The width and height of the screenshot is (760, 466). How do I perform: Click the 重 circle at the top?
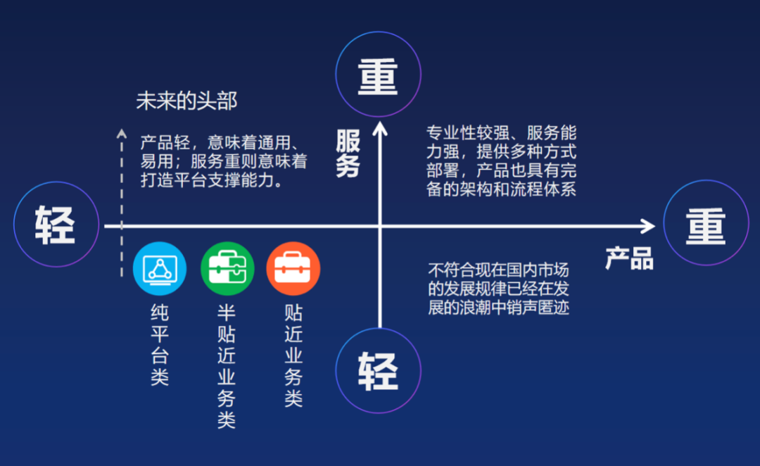378,74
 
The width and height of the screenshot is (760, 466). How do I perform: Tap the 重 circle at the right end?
706,223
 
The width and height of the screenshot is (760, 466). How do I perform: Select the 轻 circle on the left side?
56,224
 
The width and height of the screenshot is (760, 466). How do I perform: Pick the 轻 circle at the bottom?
378,370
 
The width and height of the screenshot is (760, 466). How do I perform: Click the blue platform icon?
160,269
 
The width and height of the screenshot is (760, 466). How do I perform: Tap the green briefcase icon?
227,269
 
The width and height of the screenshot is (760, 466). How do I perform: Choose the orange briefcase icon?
293,269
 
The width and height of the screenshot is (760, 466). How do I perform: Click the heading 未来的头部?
186,101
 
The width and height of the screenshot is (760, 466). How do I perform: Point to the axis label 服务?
348,153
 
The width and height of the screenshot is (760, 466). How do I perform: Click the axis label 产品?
629,258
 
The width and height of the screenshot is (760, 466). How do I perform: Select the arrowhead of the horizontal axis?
649,226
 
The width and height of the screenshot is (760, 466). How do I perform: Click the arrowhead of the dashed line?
122,132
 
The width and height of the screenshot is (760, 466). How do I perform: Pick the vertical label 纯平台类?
160,345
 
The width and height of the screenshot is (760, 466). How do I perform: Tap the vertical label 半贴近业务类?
227,366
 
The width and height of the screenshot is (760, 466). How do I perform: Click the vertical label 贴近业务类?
293,355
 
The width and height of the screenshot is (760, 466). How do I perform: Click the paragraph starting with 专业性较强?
501,160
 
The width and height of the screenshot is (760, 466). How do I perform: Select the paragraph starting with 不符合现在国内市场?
498,289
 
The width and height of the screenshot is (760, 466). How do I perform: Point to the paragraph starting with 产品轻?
224,161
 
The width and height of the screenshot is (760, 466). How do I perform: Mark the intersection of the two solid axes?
380,226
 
